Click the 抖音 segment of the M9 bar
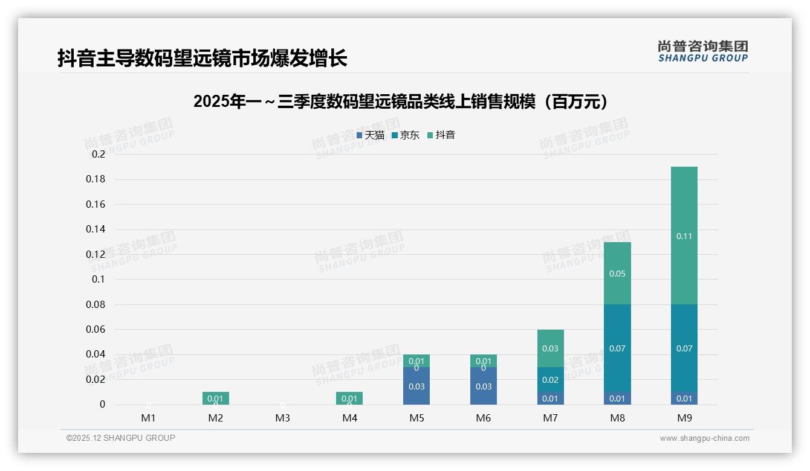pyautogui.click(x=684, y=235)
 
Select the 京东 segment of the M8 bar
pyautogui.click(x=617, y=348)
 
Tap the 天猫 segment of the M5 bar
pyautogui.click(x=416, y=386)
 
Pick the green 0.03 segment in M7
pyautogui.click(x=550, y=348)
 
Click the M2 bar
pyautogui.click(x=216, y=398)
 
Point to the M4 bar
pyautogui.click(x=349, y=398)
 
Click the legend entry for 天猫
pyautogui.click(x=371, y=135)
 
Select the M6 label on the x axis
pyautogui.click(x=483, y=418)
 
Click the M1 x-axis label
pyautogui.click(x=149, y=418)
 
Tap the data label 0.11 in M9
pyautogui.click(x=684, y=236)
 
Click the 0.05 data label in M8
pyautogui.click(x=617, y=274)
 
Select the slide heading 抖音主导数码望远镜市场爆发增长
pyautogui.click(x=202, y=59)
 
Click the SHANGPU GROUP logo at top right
pyautogui.click(x=702, y=51)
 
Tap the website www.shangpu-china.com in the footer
pyautogui.click(x=704, y=438)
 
